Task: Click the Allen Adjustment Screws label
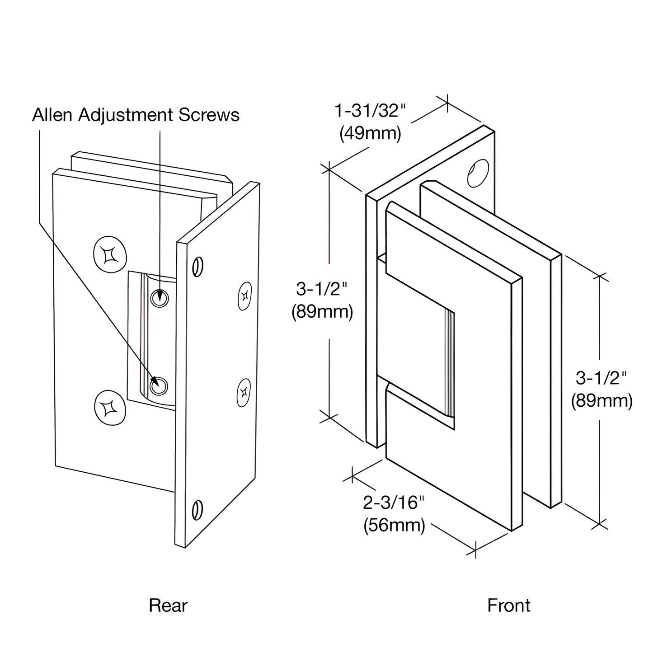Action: pyautogui.click(x=136, y=115)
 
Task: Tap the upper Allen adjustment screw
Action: pyautogui.click(x=159, y=298)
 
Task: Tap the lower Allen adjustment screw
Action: pyautogui.click(x=160, y=386)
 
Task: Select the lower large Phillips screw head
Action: pyautogui.click(x=109, y=408)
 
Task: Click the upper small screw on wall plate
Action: pyautogui.click(x=244, y=296)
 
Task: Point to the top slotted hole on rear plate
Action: pyautogui.click(x=197, y=267)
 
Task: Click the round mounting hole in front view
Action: pyautogui.click(x=478, y=173)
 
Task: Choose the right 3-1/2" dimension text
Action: pyautogui.click(x=601, y=377)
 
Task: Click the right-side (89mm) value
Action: pyautogui.click(x=601, y=400)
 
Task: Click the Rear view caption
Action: pyautogui.click(x=168, y=606)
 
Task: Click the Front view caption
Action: pyautogui.click(x=509, y=606)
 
